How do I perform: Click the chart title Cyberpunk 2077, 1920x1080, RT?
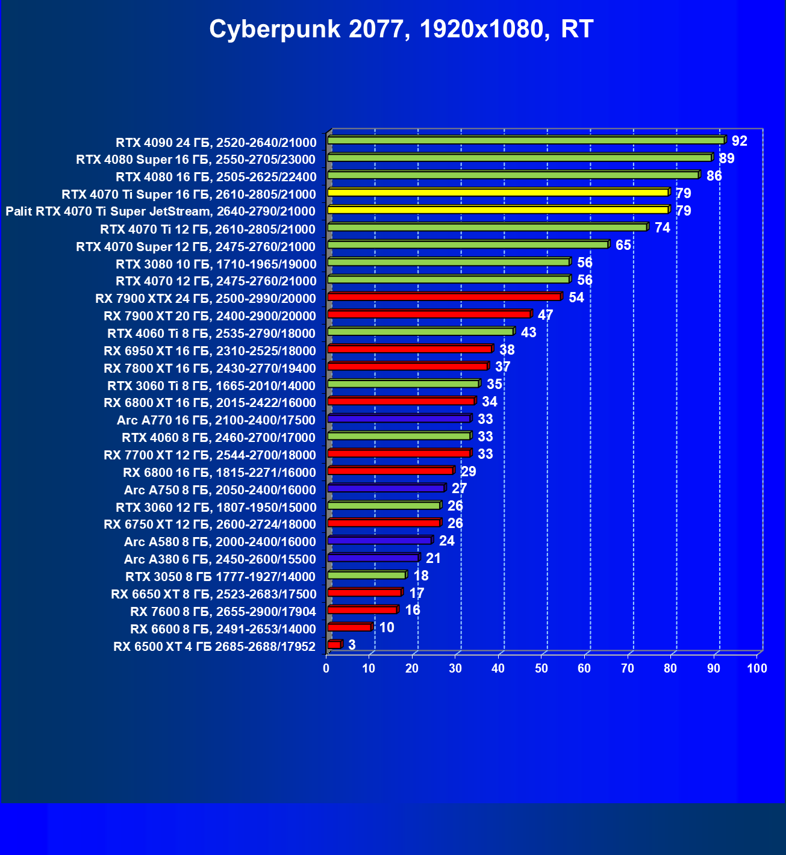[x=401, y=29]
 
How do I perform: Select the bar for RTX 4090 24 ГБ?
[x=525, y=140]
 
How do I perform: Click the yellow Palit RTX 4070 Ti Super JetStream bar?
[x=497, y=210]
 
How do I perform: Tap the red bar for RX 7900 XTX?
[x=444, y=297]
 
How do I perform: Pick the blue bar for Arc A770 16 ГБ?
[x=399, y=418]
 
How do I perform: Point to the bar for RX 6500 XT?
[x=334, y=645]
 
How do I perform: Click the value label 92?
[x=739, y=141]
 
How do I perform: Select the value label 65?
[x=623, y=245]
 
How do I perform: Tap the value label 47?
[x=545, y=315]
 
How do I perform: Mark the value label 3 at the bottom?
[x=352, y=645]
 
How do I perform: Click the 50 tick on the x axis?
[x=541, y=668]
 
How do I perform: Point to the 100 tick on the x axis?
[x=756, y=668]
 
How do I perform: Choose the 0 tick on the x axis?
[x=326, y=668]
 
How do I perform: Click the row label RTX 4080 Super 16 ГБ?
[x=196, y=160]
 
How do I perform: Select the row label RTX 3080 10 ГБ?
[x=216, y=264]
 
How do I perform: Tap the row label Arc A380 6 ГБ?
[x=220, y=559]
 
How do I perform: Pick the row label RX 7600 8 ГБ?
[x=223, y=612]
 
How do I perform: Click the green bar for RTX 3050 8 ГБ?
[x=367, y=576]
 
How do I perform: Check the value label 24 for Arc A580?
[x=446, y=541]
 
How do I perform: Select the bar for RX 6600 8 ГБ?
[x=349, y=627]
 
